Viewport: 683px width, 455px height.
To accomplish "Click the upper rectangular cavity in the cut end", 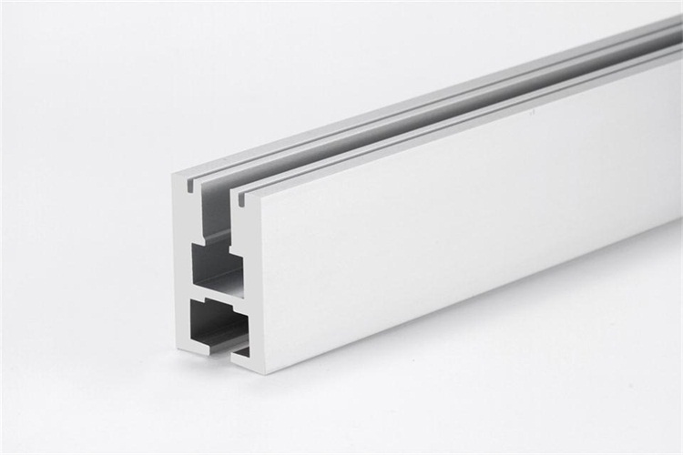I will tap(216, 267).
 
